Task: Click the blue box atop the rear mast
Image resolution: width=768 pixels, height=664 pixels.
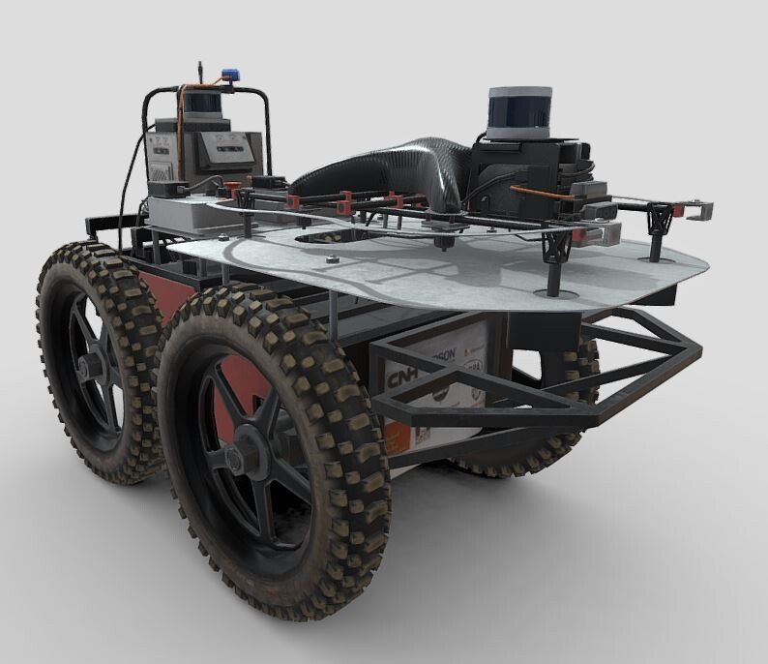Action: pyautogui.click(x=230, y=74)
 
